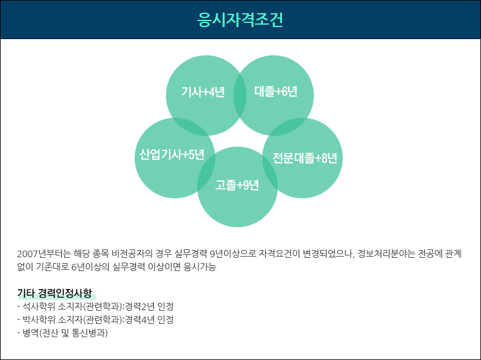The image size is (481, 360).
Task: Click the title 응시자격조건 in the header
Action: coord(240,20)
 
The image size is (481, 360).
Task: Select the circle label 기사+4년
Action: coord(203,92)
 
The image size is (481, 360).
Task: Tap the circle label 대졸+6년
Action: coord(276,91)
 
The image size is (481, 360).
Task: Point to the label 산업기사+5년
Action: coord(172,154)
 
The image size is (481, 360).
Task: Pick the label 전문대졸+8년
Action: coord(305,158)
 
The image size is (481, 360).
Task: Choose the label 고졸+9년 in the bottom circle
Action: coord(237,185)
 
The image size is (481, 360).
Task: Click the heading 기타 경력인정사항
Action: coord(55,293)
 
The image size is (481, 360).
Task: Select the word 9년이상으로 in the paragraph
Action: coord(233,254)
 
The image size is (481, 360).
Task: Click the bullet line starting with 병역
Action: coord(63,333)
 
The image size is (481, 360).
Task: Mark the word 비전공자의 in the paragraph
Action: coord(132,254)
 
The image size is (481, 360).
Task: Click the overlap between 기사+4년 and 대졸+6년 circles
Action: coord(240,96)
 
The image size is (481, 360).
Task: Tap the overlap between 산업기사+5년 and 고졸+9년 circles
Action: coord(206,172)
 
